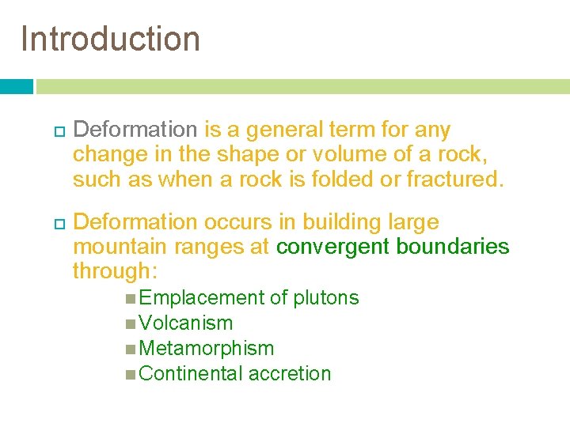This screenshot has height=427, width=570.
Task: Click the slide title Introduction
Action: click(111, 39)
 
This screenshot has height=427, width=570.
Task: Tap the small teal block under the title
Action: click(17, 86)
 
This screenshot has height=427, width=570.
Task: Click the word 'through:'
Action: click(116, 271)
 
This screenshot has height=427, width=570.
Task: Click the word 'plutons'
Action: click(325, 298)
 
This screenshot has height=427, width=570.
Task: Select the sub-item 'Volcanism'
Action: click(185, 323)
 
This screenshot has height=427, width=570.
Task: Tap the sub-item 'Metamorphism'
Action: click(206, 349)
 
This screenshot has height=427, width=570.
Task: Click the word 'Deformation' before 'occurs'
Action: click(139, 222)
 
